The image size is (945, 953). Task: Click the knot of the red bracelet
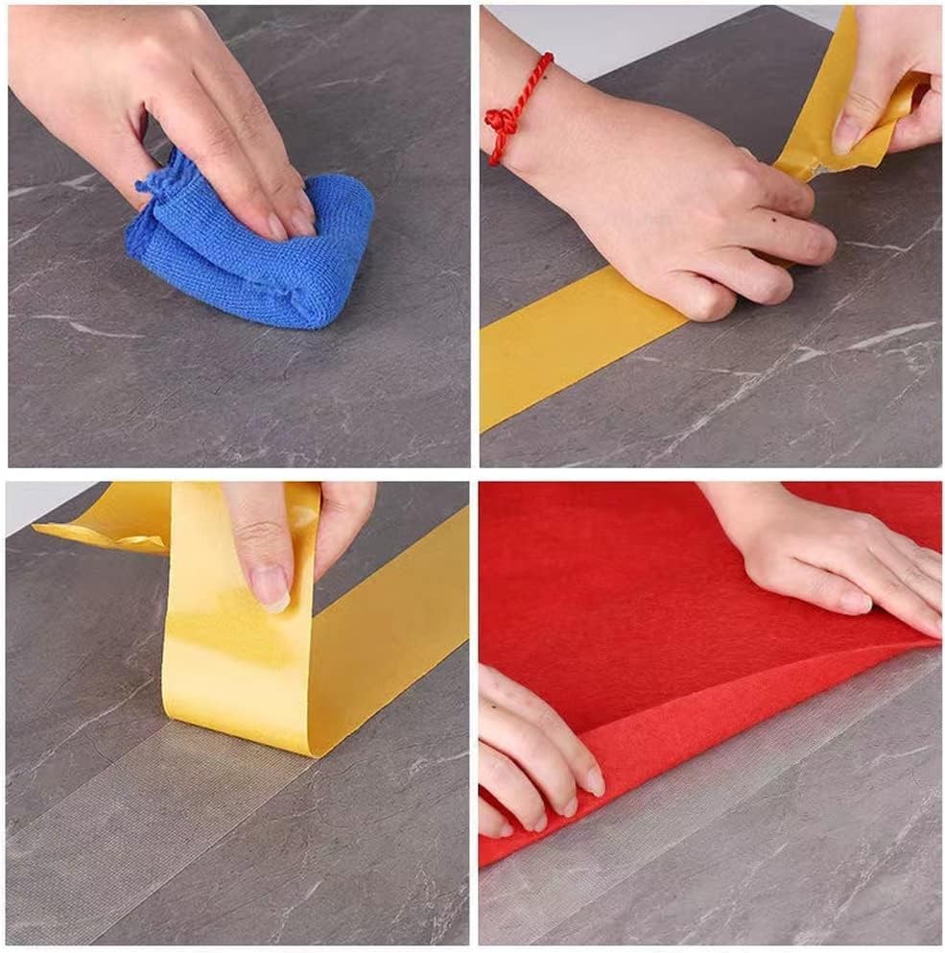501,123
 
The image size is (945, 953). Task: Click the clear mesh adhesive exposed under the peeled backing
144,816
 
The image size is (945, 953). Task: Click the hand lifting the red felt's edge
528,749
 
